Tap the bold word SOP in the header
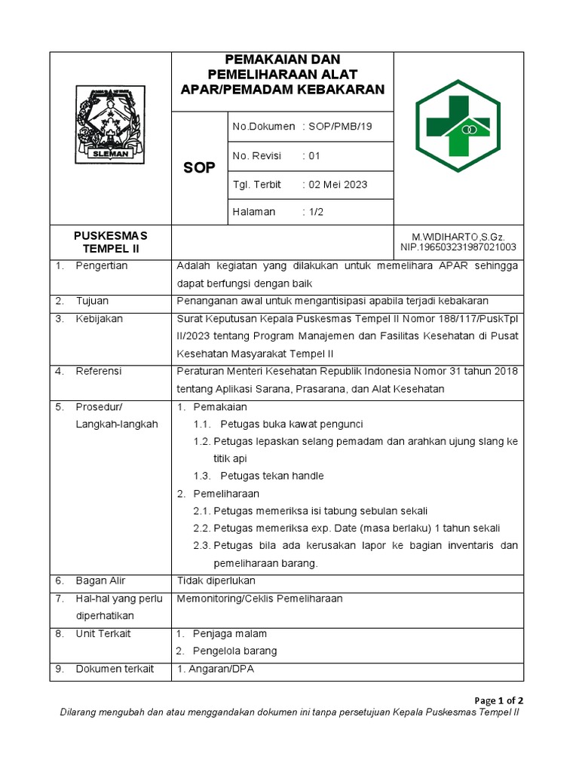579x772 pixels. (x=199, y=167)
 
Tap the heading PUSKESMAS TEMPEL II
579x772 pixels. (x=111, y=241)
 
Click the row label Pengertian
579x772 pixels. (x=102, y=265)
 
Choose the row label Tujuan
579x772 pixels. (x=93, y=301)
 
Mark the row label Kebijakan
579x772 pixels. (x=100, y=319)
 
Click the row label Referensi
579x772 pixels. (x=99, y=372)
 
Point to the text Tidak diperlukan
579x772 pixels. (x=216, y=581)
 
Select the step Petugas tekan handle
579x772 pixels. (x=272, y=476)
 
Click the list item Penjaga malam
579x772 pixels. (x=229, y=633)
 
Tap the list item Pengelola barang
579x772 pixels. (x=234, y=651)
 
